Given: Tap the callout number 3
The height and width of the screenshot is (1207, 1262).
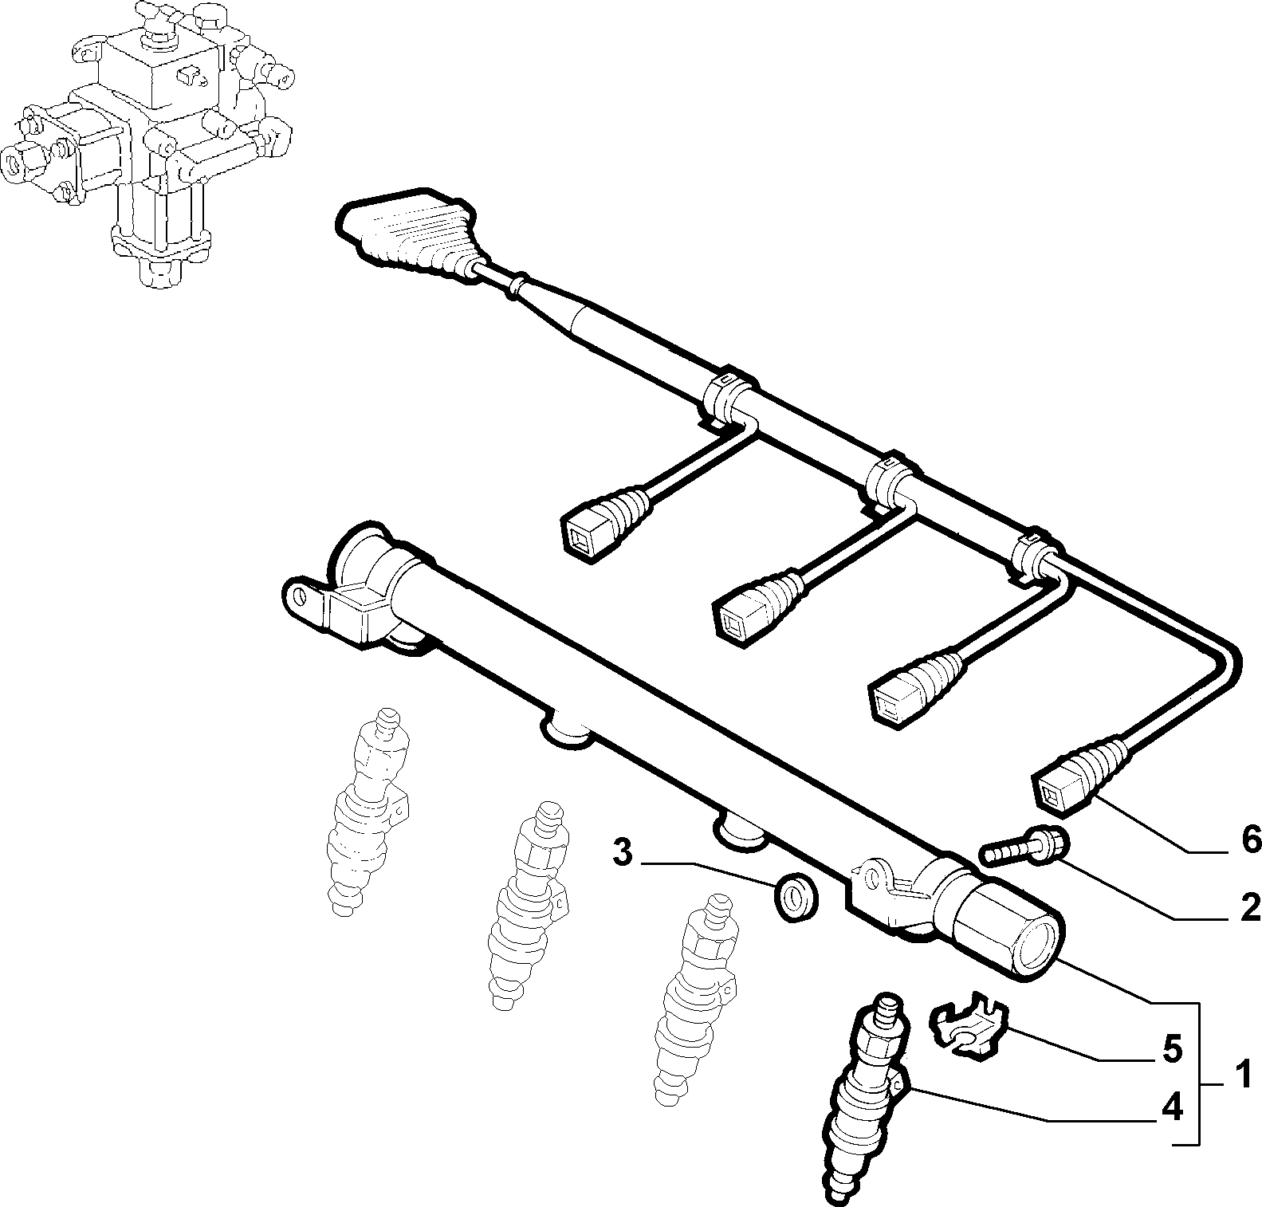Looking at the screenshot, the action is [x=623, y=853].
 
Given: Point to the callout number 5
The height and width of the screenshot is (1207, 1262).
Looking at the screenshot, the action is [x=1171, y=1049].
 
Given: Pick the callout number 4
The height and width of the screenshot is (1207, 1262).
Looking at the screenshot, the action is [x=1171, y=1107].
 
